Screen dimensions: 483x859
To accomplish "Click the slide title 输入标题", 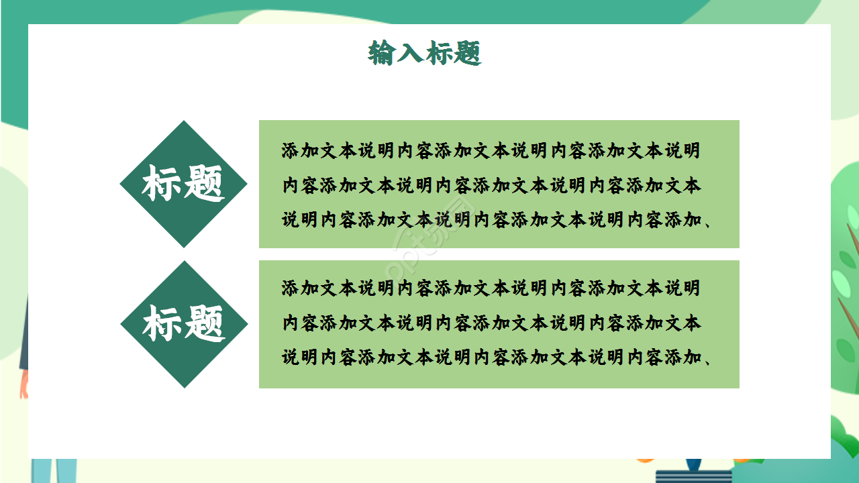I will coord(425,53).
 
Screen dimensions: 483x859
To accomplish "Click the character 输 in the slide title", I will coord(381,53).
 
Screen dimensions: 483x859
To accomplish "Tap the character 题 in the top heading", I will coord(468,53).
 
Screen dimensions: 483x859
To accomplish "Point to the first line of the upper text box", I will coord(491,150).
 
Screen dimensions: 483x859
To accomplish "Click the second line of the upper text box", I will coord(491,185).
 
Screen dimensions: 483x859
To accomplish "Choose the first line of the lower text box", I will coord(491,288).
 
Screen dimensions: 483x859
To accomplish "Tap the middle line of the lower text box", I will coord(491,323).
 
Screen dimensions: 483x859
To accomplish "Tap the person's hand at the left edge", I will coord(24,385).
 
